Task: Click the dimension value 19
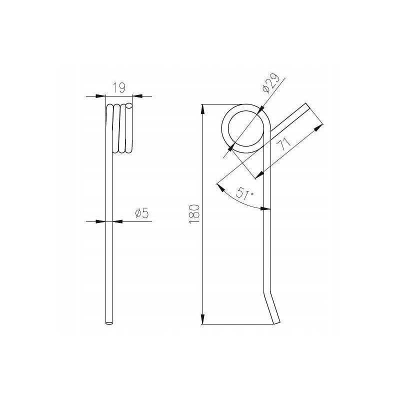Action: (x=119, y=88)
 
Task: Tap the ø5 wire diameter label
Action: (x=141, y=213)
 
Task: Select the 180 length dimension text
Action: (x=193, y=214)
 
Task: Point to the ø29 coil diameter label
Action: (x=270, y=83)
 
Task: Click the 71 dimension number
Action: (x=283, y=144)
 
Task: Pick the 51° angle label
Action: (x=244, y=193)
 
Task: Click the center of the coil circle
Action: (x=245, y=128)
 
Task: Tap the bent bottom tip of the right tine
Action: (x=276, y=323)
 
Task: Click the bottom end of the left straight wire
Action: (x=109, y=323)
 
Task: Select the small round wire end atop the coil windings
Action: (x=129, y=105)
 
